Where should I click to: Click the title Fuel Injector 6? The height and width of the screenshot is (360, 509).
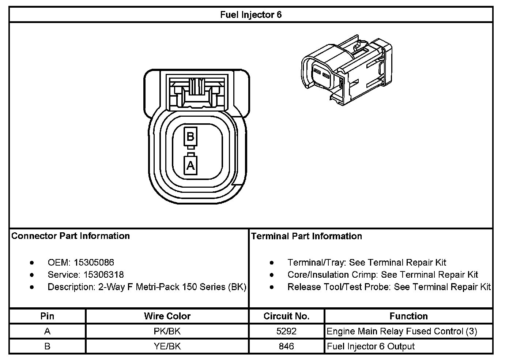click(x=251, y=15)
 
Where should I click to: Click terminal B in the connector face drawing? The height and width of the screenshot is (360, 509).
click(x=190, y=136)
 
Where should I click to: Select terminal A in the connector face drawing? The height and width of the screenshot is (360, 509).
click(x=190, y=166)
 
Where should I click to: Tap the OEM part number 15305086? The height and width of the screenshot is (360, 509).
click(x=94, y=262)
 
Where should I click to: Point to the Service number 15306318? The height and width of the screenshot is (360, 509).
click(x=103, y=275)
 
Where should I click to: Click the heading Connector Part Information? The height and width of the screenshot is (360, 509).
click(x=71, y=236)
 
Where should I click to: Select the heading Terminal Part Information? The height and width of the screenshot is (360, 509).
click(x=306, y=236)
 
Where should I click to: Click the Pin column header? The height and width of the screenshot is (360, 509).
click(x=47, y=316)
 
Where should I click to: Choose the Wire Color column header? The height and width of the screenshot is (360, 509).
click(x=167, y=316)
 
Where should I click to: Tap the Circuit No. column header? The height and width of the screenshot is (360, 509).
click(x=286, y=316)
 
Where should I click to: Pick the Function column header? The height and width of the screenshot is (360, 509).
click(x=408, y=316)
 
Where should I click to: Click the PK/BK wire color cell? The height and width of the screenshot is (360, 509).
click(x=167, y=331)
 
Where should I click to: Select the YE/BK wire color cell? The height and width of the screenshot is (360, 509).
click(x=167, y=346)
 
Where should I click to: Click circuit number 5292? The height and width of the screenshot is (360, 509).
click(x=286, y=331)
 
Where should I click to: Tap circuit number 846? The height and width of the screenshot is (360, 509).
click(x=286, y=346)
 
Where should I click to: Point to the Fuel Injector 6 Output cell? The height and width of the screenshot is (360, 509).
click(x=371, y=346)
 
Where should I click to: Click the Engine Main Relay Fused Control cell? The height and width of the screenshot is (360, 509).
click(x=402, y=331)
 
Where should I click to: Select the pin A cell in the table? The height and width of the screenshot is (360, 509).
click(x=47, y=331)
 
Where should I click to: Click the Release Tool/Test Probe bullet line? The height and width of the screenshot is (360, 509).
click(x=389, y=287)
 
